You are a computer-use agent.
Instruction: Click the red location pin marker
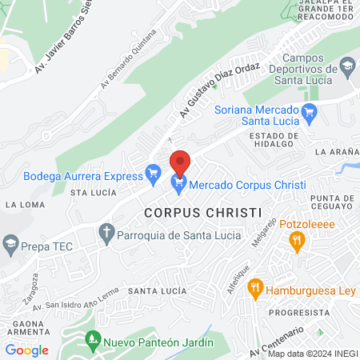(180, 162)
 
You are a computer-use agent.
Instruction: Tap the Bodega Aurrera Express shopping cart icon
(153, 173)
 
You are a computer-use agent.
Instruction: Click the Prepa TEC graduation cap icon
(11, 242)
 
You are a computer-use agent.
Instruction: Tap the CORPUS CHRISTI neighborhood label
(203, 213)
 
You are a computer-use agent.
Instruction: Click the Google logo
(26, 350)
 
